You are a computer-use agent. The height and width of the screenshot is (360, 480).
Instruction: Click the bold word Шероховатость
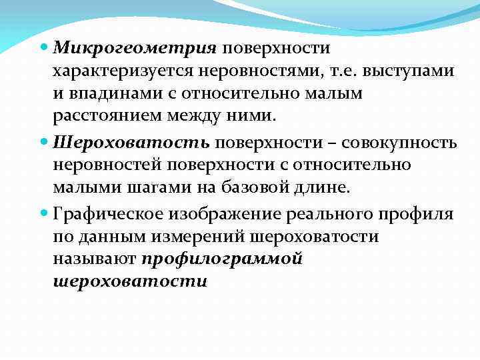point(131,142)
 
